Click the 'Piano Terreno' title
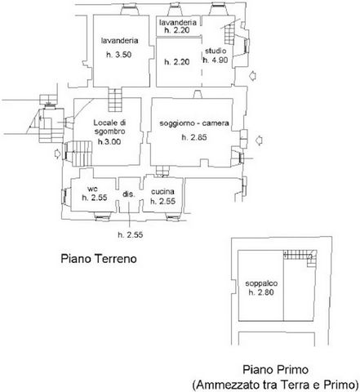(x=99, y=258)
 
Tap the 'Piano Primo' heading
(x=275, y=370)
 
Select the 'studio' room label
(x=216, y=51)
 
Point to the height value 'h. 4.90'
(x=216, y=60)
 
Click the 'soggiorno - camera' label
(x=194, y=123)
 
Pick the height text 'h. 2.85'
(x=194, y=137)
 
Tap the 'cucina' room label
(x=162, y=192)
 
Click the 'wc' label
(x=92, y=189)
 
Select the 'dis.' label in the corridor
(x=129, y=194)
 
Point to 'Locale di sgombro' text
(x=109, y=127)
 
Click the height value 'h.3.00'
(x=109, y=141)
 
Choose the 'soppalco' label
(x=261, y=283)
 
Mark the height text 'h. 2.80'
(x=261, y=292)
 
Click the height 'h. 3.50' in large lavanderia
(x=119, y=55)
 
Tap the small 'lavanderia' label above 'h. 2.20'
(x=178, y=22)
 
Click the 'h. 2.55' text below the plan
(x=131, y=235)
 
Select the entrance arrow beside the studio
(x=253, y=76)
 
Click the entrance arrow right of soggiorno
(x=260, y=140)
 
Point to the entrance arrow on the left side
(x=57, y=154)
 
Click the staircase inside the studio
(x=229, y=33)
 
